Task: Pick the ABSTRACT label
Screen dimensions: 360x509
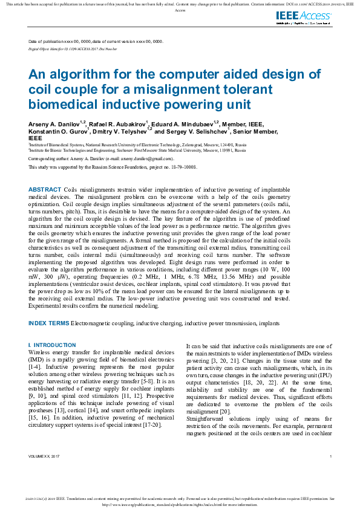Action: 44,190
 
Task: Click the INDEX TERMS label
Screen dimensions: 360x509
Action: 48,323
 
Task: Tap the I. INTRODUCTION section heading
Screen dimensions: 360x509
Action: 52,345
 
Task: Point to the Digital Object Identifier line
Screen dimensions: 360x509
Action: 73,47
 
